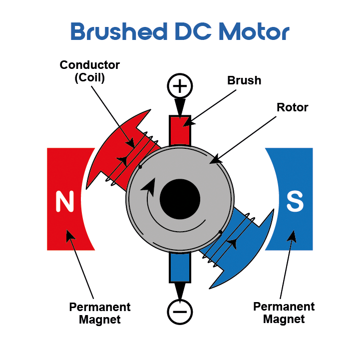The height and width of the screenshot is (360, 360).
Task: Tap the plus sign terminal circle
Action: click(180, 86)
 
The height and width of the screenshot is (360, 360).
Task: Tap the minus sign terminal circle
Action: click(180, 312)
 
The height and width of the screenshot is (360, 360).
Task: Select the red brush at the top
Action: click(180, 131)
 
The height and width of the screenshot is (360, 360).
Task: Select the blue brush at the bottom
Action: click(180, 268)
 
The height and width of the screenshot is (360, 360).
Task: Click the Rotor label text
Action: click(292, 107)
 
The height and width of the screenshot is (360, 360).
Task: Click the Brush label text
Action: click(244, 80)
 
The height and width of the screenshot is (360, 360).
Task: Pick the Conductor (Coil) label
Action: click(90, 71)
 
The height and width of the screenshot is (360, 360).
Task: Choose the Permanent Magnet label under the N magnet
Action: click(100, 313)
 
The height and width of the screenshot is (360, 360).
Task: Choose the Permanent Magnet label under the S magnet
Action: click(284, 313)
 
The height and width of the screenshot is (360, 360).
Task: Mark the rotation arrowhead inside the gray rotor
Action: click(148, 187)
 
